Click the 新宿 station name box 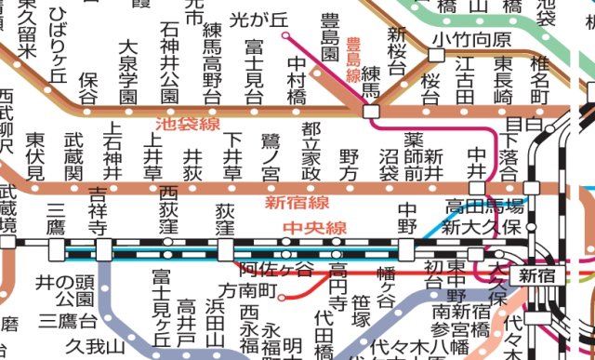click(538, 274)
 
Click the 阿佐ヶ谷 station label click(277, 270)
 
